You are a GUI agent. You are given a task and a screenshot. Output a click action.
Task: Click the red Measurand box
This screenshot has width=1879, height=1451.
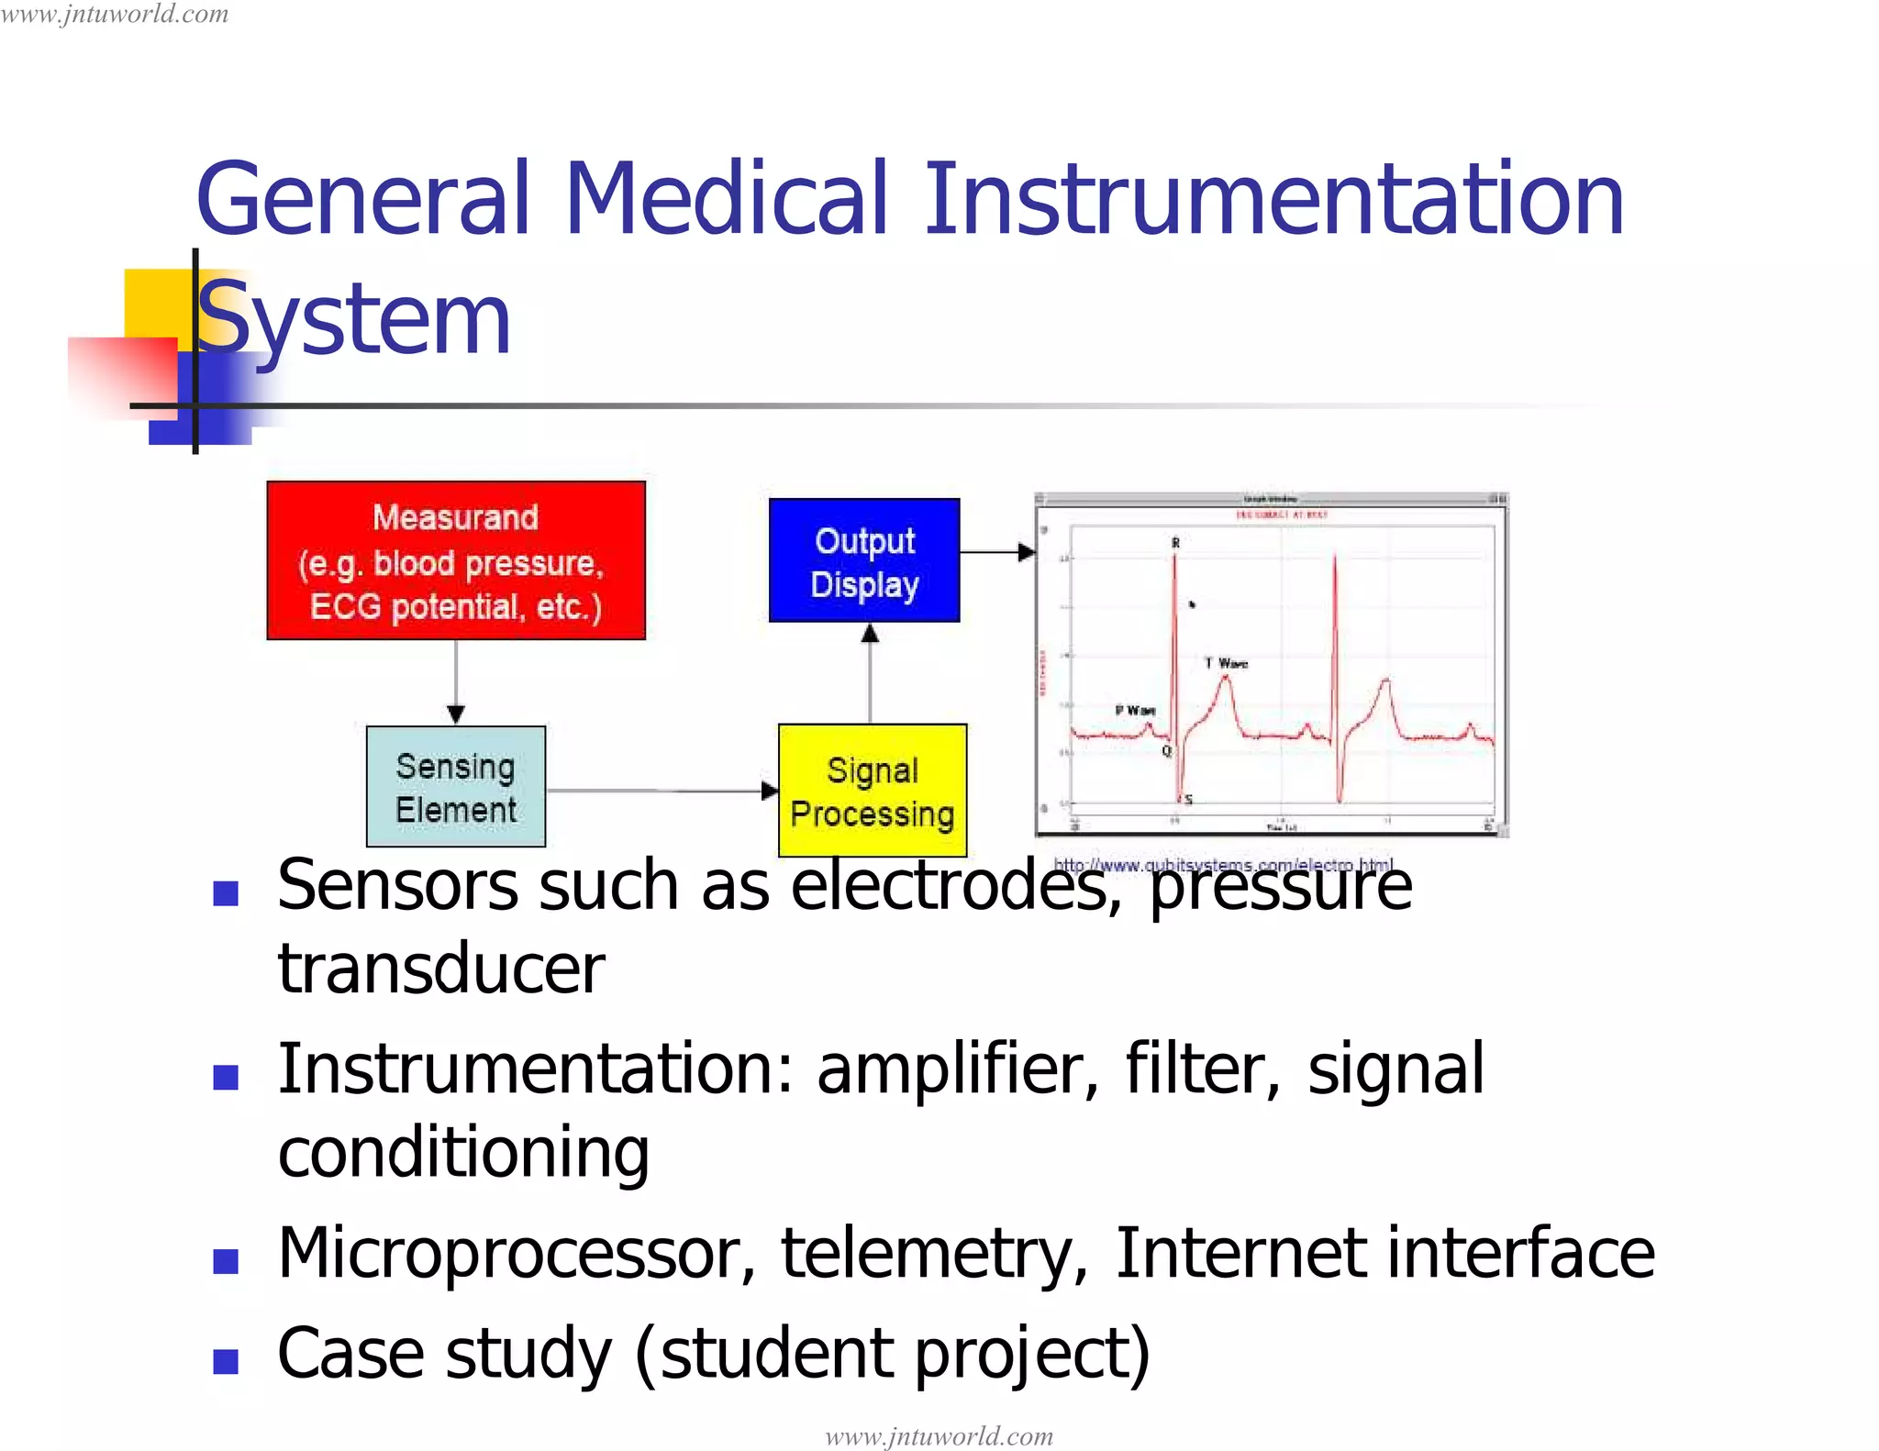pyautogui.click(x=456, y=560)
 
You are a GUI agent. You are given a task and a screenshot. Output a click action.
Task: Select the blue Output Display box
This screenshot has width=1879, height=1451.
pyautogui.click(x=864, y=560)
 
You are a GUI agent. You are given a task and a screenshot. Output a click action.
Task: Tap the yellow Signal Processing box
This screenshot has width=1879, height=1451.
pyautogui.click(x=872, y=791)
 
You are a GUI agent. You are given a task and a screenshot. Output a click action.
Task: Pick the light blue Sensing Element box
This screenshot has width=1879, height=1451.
pyautogui.click(x=456, y=787)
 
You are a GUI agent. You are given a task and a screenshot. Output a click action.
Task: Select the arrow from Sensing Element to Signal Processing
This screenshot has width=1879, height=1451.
pyautogui.click(x=661, y=791)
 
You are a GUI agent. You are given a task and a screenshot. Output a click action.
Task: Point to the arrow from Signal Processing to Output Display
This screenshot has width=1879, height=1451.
pyautogui.click(x=870, y=674)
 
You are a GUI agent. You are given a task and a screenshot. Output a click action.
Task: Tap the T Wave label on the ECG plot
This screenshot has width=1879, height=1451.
pyautogui.click(x=1227, y=663)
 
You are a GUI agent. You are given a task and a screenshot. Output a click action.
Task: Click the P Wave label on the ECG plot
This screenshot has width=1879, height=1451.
pyautogui.click(x=1135, y=710)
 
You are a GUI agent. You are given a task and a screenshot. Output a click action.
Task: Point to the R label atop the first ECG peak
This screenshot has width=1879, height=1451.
pyautogui.click(x=1175, y=543)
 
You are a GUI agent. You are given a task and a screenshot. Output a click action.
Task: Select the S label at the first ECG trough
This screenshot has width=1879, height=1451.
pyautogui.click(x=1189, y=800)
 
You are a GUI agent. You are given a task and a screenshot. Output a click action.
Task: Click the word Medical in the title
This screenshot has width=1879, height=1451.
pyautogui.click(x=726, y=199)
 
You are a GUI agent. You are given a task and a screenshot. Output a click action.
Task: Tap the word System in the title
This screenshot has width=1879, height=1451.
pyautogui.click(x=354, y=318)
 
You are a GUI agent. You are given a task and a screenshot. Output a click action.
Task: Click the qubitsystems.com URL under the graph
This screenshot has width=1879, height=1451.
pyautogui.click(x=1222, y=864)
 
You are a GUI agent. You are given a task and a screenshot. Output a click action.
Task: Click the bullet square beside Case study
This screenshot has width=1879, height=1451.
pyautogui.click(x=226, y=1360)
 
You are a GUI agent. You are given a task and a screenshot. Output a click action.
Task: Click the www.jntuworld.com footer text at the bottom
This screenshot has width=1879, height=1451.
pyautogui.click(x=939, y=1435)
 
